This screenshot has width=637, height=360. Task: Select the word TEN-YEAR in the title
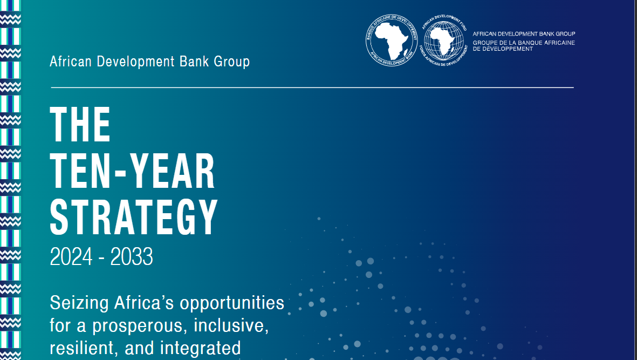click(133, 172)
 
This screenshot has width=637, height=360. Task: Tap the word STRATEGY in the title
click(134, 218)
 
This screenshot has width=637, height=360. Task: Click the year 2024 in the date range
click(71, 257)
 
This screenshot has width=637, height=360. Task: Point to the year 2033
click(132, 257)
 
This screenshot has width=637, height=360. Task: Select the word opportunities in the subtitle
click(232, 303)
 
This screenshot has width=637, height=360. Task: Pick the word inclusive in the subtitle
click(231, 325)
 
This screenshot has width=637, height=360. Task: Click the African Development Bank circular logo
click(392, 40)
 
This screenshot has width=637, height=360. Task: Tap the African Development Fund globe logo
click(443, 40)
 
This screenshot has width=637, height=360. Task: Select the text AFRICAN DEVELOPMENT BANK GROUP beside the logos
click(524, 33)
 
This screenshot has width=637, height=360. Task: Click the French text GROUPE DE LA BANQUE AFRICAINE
click(524, 43)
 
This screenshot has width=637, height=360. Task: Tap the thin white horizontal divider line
click(312, 87)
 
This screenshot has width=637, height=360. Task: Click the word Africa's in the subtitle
click(144, 303)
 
